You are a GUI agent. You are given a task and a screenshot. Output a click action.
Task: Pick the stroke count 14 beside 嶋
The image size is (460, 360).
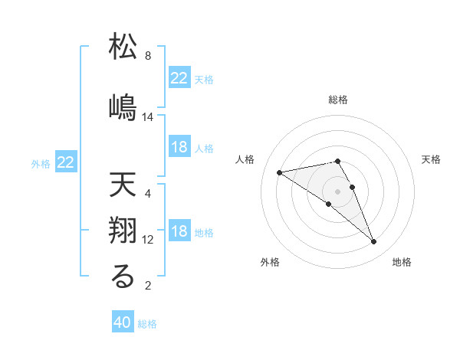(149, 117)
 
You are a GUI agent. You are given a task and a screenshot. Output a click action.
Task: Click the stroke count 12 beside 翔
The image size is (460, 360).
(149, 240)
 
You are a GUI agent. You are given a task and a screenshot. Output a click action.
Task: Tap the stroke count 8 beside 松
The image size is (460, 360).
(148, 56)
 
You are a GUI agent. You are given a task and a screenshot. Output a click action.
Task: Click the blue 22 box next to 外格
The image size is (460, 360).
(66, 162)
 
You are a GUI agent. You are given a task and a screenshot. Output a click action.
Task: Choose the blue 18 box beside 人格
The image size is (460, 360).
(179, 148)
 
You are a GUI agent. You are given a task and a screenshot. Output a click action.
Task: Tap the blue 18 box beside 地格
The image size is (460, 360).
(179, 232)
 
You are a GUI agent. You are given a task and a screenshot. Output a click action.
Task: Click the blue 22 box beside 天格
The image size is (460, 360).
(179, 78)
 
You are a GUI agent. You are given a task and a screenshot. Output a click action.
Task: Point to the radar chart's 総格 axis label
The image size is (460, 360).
(338, 100)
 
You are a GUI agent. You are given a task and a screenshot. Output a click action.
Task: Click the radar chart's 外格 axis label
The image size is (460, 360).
(270, 262)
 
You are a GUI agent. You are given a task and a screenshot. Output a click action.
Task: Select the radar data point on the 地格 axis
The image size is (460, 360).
(374, 242)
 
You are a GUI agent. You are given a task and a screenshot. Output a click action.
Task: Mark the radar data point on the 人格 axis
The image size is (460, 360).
(279, 172)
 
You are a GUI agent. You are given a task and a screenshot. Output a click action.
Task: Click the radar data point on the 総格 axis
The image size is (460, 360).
(337, 161)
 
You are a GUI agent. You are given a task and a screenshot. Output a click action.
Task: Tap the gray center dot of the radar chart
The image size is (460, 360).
(337, 191)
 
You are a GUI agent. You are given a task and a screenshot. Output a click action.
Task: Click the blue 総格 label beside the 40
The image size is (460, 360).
(147, 324)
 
